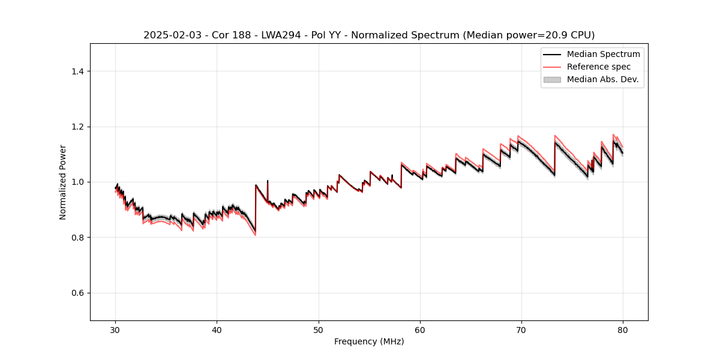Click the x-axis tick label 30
[116, 329]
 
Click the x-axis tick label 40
[217, 329]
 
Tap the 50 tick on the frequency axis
[319, 329]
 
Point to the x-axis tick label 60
[420, 329]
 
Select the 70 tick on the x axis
[521, 329]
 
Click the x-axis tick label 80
[623, 329]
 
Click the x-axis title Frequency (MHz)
[369, 341]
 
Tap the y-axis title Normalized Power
[63, 182]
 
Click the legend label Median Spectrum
[603, 54]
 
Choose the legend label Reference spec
[598, 67]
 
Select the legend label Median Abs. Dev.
[602, 79]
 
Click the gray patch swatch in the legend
[551, 79]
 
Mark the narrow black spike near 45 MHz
[268, 182]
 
